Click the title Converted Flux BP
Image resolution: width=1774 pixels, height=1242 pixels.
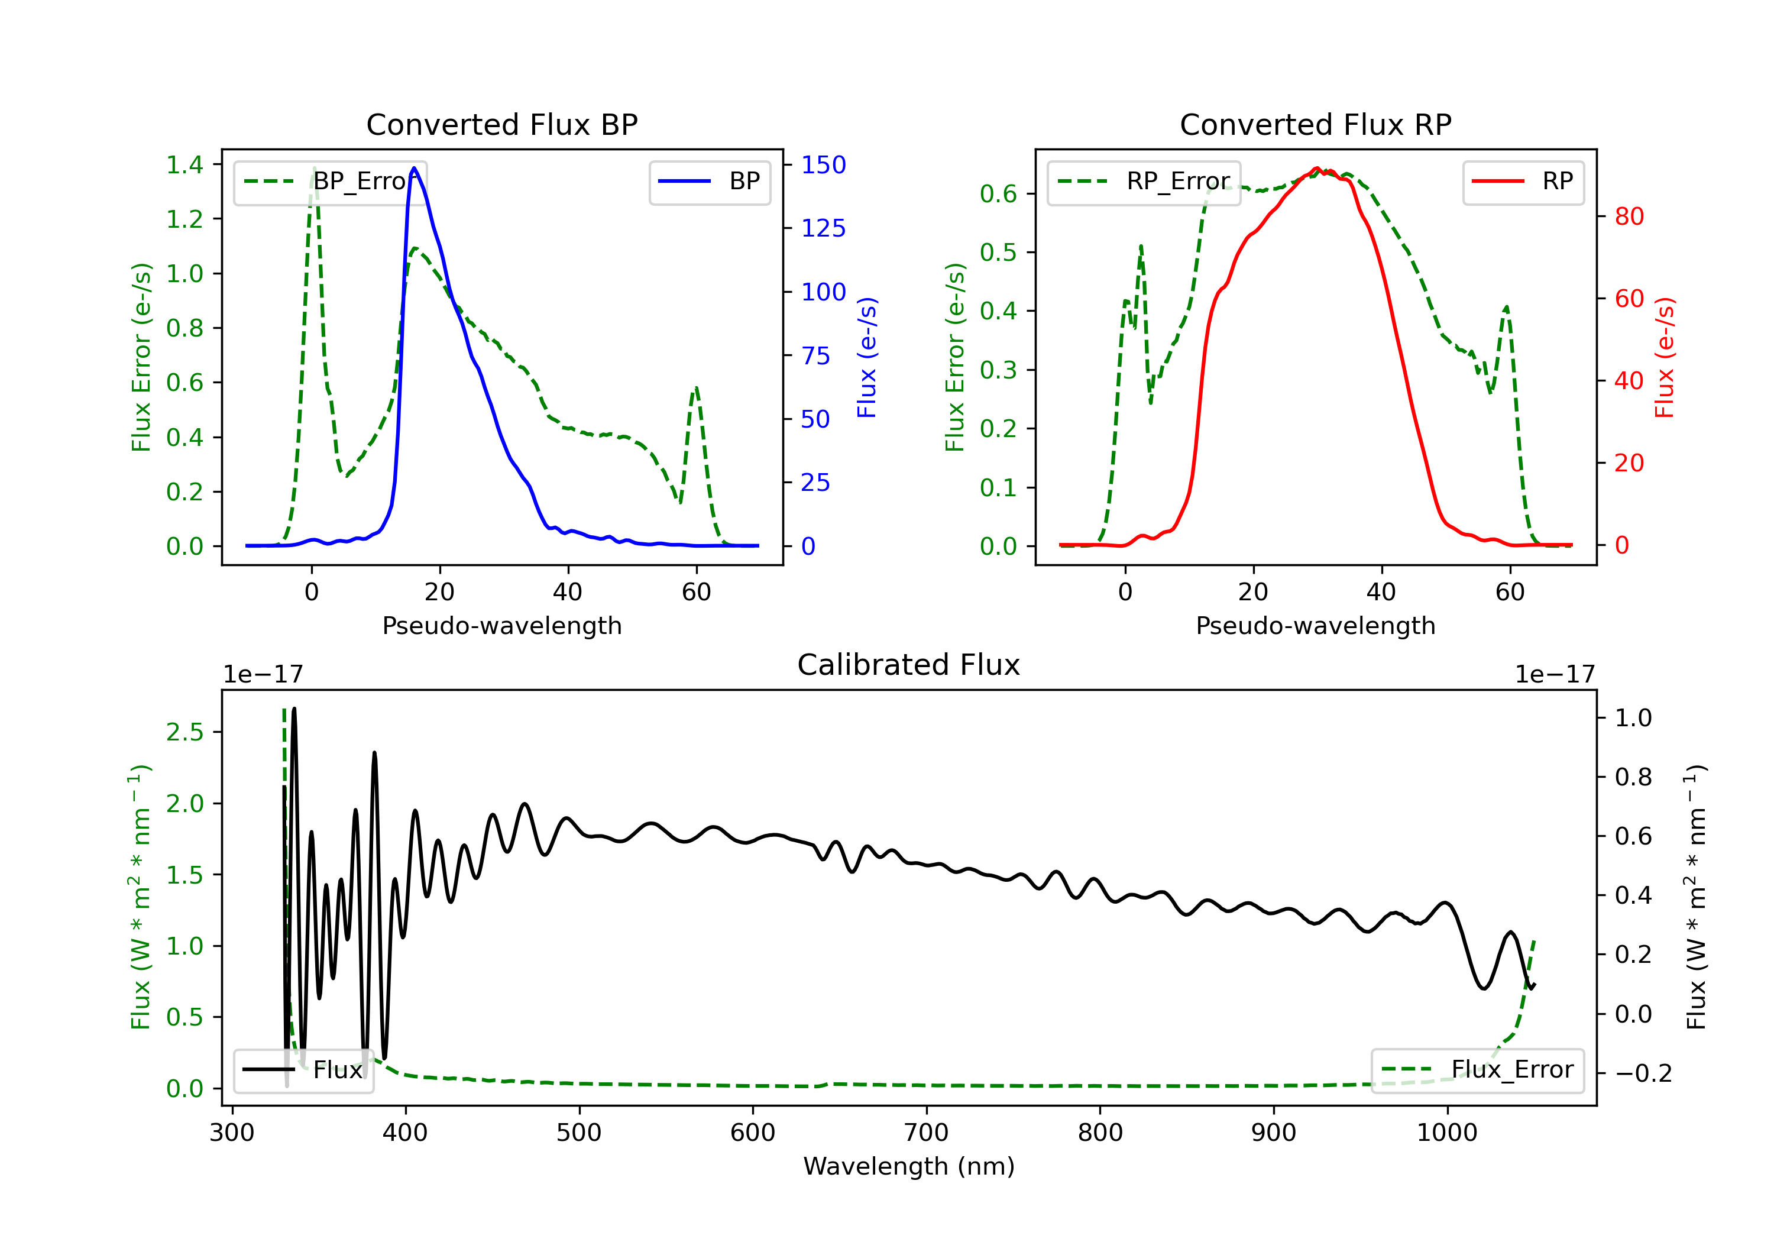(501, 124)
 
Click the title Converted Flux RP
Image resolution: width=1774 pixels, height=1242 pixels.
(1315, 124)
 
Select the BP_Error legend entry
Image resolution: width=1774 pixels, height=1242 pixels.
(330, 182)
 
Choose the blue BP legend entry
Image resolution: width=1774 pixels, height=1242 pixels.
(709, 182)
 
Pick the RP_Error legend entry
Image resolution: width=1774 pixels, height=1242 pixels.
(1144, 182)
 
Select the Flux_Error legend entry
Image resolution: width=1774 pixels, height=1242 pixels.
(1477, 1070)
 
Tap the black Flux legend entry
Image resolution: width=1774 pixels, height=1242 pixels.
(304, 1070)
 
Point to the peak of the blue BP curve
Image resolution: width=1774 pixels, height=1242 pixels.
(414, 168)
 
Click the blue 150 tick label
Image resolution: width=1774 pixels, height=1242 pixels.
(823, 164)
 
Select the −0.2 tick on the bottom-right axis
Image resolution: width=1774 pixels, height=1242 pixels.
(1643, 1073)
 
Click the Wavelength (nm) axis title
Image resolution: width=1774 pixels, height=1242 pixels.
(909, 1166)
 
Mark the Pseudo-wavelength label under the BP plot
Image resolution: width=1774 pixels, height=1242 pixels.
(501, 625)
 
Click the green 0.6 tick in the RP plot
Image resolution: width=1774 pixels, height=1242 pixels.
(998, 193)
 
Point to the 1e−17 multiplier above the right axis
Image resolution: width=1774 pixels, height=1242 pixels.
(1555, 675)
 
